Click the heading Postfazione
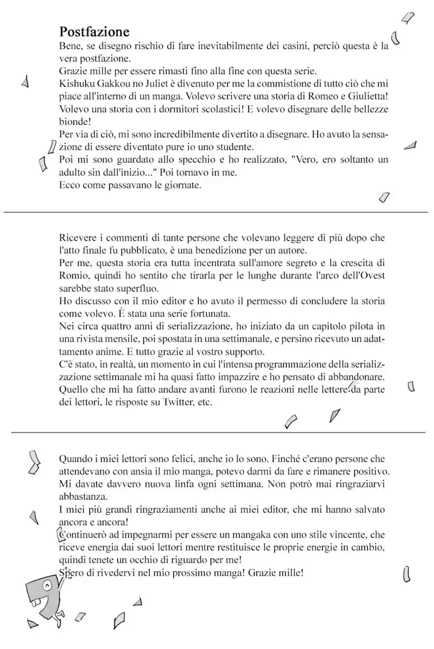[x=94, y=32]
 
